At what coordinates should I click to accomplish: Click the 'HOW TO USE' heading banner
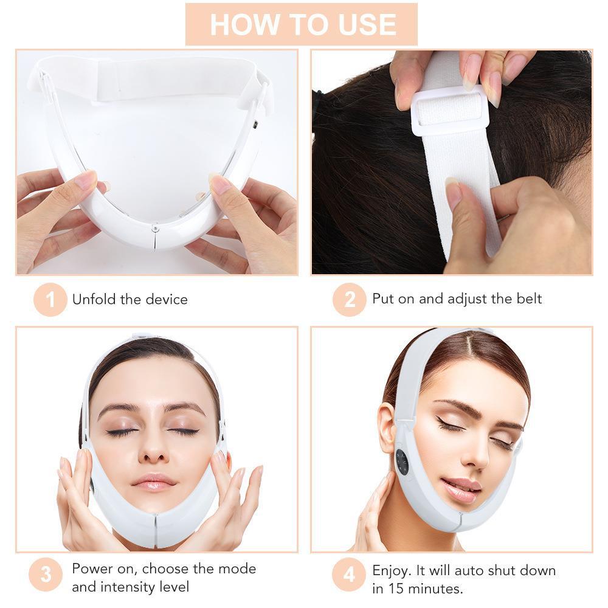(302, 24)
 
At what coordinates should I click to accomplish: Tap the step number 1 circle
(50, 300)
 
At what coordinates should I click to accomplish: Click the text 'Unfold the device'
(130, 299)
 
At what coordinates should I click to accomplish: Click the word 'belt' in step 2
(527, 299)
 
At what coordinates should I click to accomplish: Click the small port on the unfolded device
(256, 126)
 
